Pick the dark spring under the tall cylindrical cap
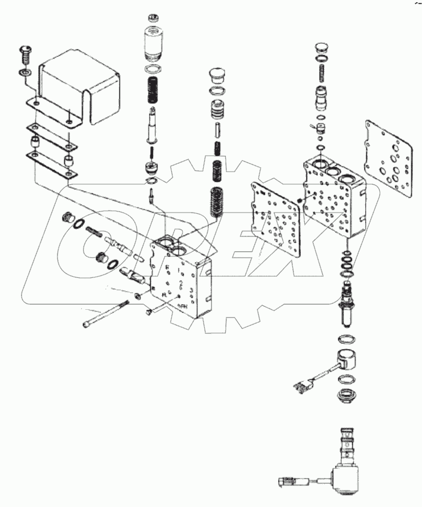tap(152, 90)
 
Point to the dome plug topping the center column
tap(218, 76)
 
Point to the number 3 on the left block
tap(191, 290)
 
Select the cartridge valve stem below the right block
tap(346, 302)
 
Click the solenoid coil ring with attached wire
tap(347, 361)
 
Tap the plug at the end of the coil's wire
tap(298, 388)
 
